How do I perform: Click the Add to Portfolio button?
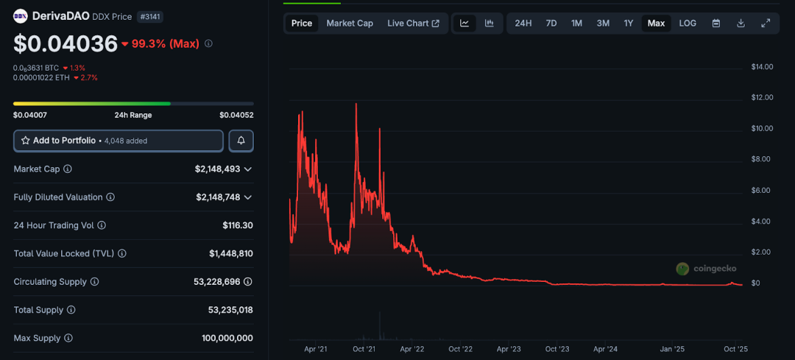pyautogui.click(x=118, y=141)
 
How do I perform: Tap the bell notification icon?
pyautogui.click(x=241, y=141)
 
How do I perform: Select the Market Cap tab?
pyautogui.click(x=350, y=24)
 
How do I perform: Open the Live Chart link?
pyautogui.click(x=413, y=24)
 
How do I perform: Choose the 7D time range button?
pyautogui.click(x=551, y=24)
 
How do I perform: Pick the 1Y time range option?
pyautogui.click(x=629, y=24)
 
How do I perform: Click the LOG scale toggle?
pyautogui.click(x=688, y=24)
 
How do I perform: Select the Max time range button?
pyautogui.click(x=656, y=24)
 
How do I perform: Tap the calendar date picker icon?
pyautogui.click(x=716, y=24)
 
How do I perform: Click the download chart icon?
pyautogui.click(x=741, y=24)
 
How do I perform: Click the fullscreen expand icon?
pyautogui.click(x=766, y=24)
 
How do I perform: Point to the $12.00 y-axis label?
pyautogui.click(x=761, y=97)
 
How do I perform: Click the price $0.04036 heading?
pyautogui.click(x=66, y=43)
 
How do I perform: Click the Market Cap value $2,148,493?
pyautogui.click(x=218, y=169)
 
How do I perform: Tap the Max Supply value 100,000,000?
pyautogui.click(x=227, y=338)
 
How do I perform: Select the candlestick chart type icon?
pyautogui.click(x=490, y=24)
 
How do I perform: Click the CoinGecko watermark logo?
pyautogui.click(x=706, y=269)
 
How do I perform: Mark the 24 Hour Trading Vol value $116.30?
pyautogui.click(x=238, y=225)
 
